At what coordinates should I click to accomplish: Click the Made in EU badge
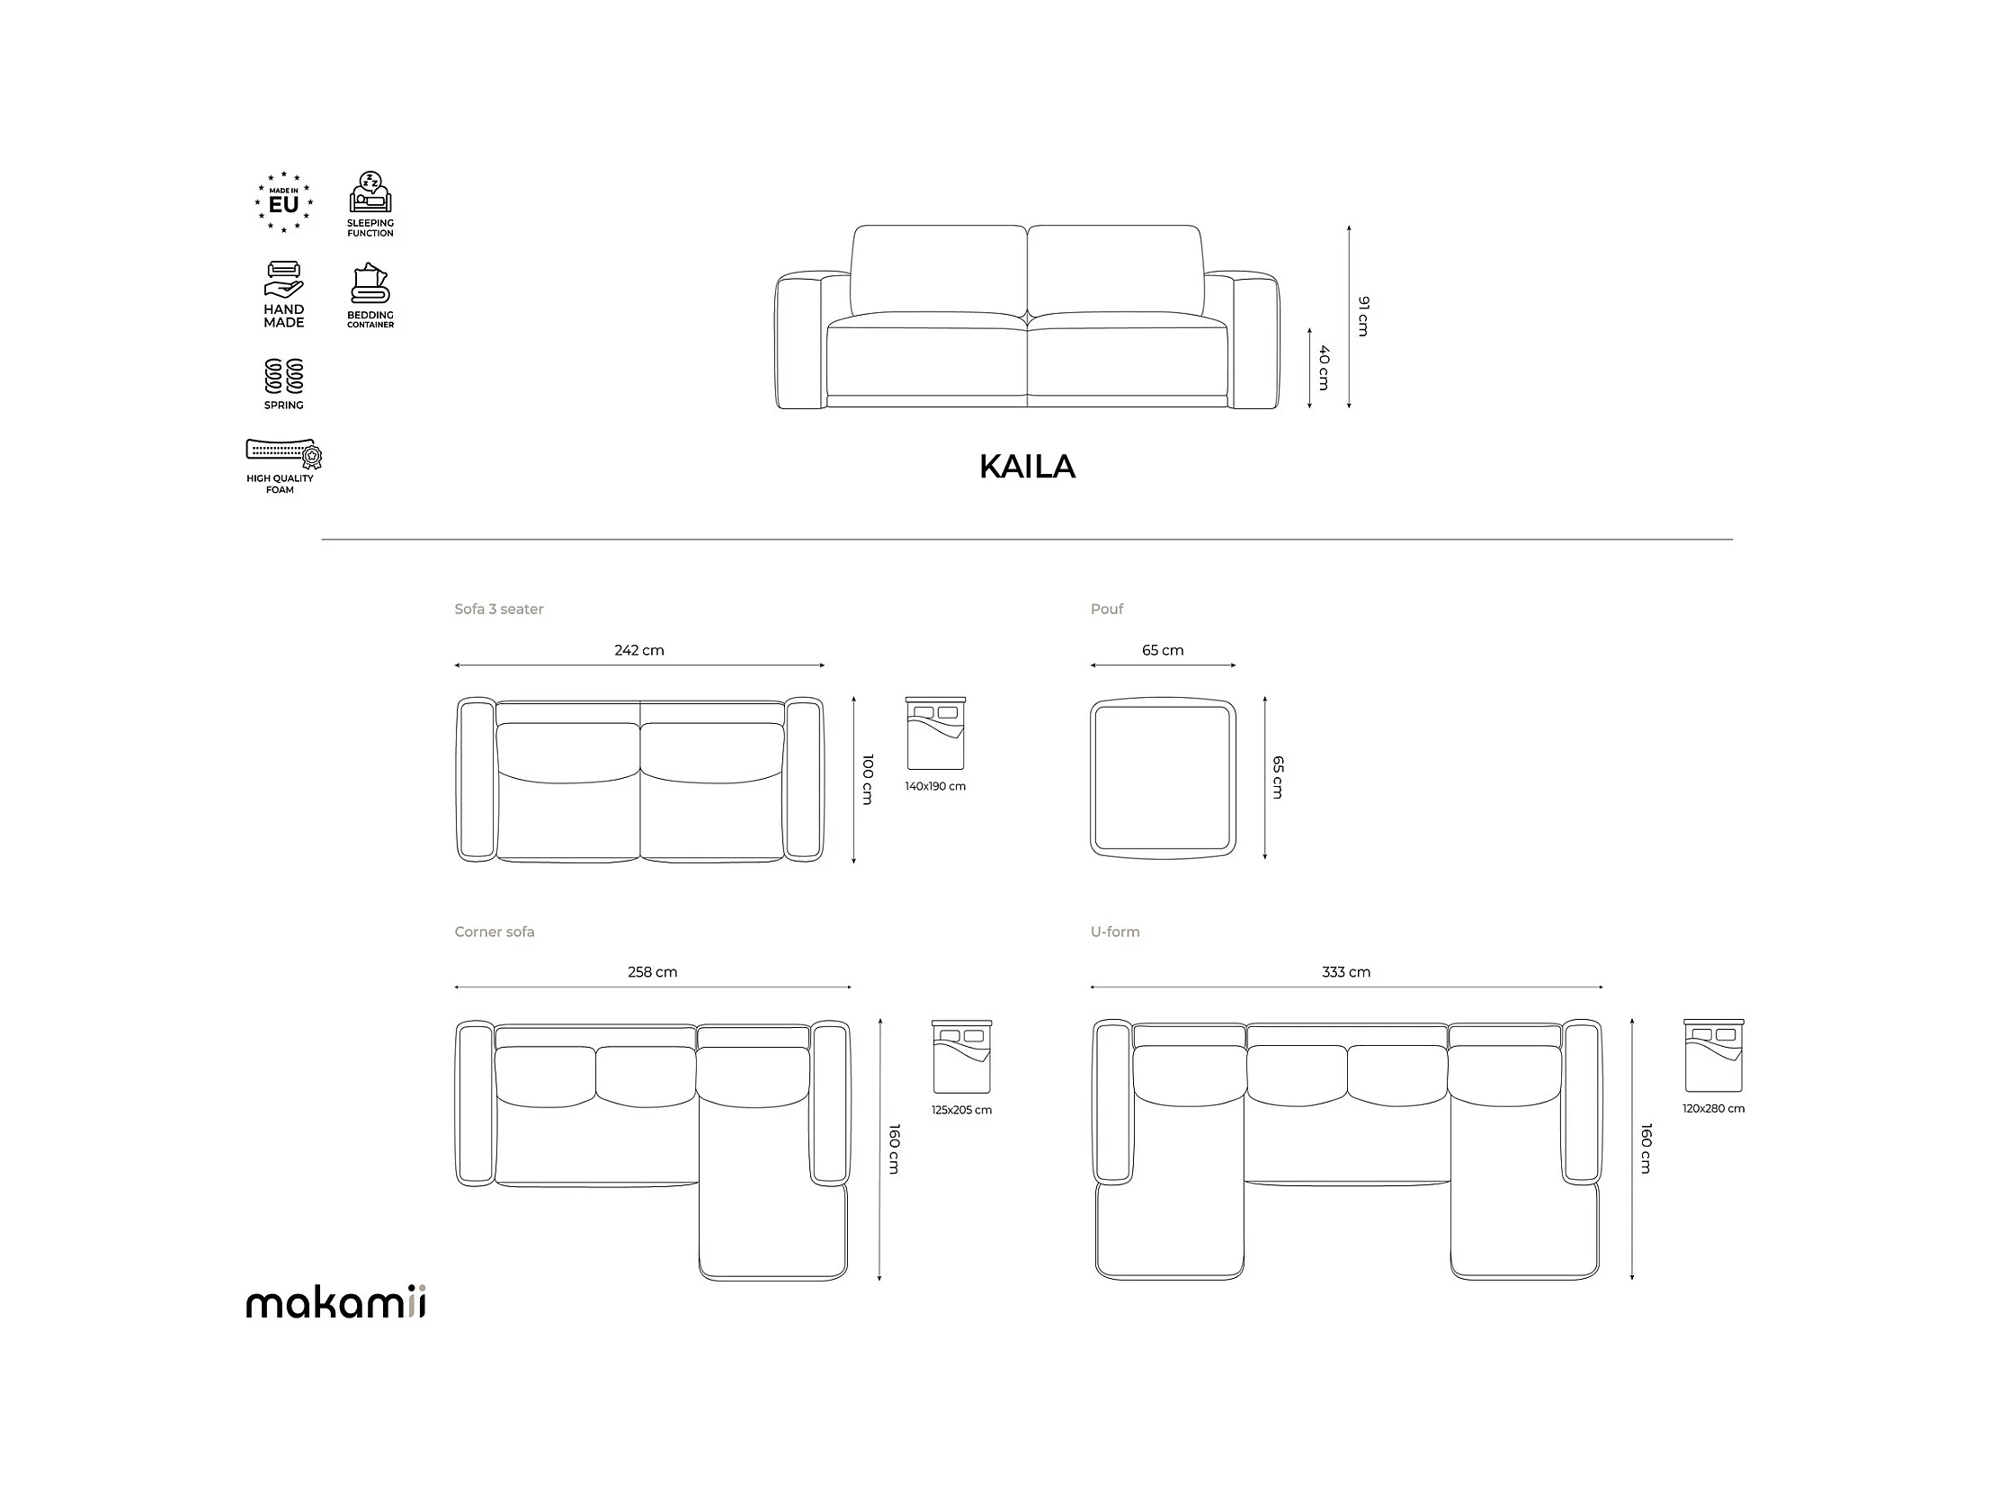(x=283, y=202)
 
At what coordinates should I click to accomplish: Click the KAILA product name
(x=1027, y=466)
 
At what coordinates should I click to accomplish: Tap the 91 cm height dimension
(x=1363, y=316)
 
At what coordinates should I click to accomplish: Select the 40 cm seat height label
(x=1324, y=367)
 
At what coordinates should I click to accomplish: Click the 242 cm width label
(x=638, y=649)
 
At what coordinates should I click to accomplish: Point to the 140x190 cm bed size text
(x=934, y=787)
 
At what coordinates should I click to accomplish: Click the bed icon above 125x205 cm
(x=960, y=1057)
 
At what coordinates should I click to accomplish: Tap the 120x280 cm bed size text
(x=1713, y=1109)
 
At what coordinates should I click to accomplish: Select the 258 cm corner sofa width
(x=652, y=972)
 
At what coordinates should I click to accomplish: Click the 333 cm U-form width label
(x=1346, y=972)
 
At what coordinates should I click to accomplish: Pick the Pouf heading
(x=1107, y=609)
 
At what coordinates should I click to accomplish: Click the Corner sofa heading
(x=494, y=933)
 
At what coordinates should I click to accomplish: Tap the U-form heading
(x=1115, y=933)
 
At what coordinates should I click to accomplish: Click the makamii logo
(x=335, y=1302)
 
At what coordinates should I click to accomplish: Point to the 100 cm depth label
(x=867, y=780)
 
